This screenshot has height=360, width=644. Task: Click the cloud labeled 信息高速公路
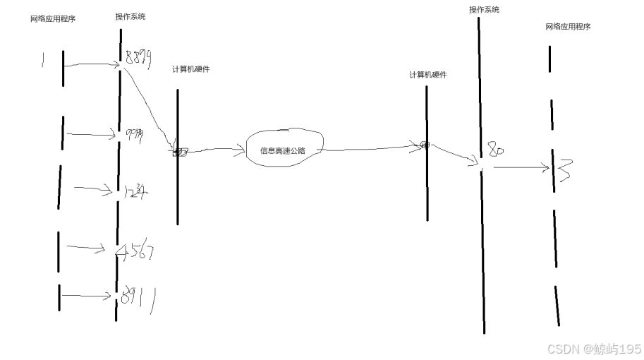click(x=282, y=150)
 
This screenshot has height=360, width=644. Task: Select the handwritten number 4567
click(x=136, y=251)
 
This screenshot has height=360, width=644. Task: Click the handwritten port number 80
click(x=496, y=150)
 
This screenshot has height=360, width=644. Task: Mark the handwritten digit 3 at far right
click(x=564, y=170)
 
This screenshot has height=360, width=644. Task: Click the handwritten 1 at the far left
click(x=43, y=62)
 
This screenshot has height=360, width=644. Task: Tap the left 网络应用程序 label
click(x=53, y=19)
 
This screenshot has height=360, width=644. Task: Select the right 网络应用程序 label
click(x=568, y=26)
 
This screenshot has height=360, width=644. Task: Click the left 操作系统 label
click(x=130, y=16)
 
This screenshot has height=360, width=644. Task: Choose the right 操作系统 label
click(x=484, y=9)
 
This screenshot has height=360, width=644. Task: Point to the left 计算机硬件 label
click(x=190, y=69)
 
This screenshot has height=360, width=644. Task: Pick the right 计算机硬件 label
click(x=428, y=75)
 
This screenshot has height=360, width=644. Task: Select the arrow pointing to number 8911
click(x=86, y=296)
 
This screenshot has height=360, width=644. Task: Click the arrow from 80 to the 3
click(x=521, y=168)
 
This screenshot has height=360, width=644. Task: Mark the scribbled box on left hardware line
click(x=180, y=152)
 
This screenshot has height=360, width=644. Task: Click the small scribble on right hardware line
click(x=425, y=145)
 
